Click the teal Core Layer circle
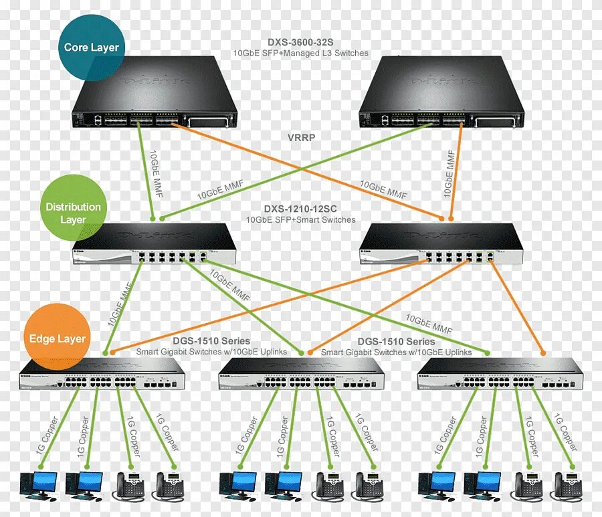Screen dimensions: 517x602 pyautogui.click(x=91, y=47)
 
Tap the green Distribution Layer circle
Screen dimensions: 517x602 pyautogui.click(x=73, y=213)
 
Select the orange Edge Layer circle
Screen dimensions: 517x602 pyautogui.click(x=58, y=338)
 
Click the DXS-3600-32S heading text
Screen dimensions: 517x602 pyautogui.click(x=300, y=41)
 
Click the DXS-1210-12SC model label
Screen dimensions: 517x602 pyautogui.click(x=300, y=209)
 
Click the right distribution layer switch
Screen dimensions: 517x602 pyautogui.click(x=441, y=246)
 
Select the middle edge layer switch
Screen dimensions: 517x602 pyautogui.click(x=301, y=375)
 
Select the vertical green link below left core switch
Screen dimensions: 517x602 pyautogui.click(x=148, y=171)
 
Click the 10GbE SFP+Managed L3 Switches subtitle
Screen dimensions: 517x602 pyautogui.click(x=300, y=53)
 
